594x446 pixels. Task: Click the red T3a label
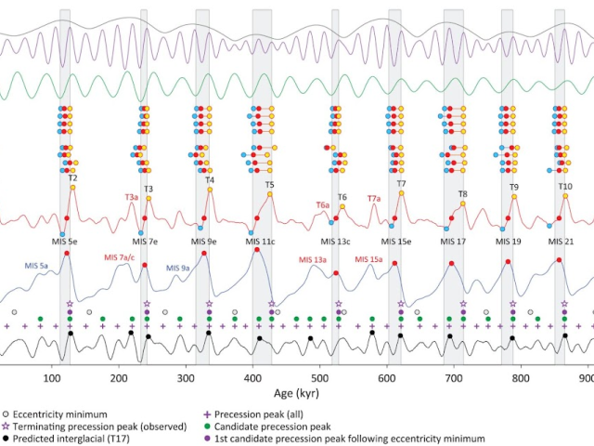pyautogui.click(x=131, y=197)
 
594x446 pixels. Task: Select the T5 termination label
pyautogui.click(x=269, y=185)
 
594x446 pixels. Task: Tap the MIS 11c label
pyautogui.click(x=260, y=242)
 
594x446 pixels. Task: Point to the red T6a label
pyautogui.click(x=322, y=203)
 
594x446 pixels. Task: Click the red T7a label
pyautogui.click(x=374, y=198)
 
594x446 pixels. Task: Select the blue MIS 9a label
pyautogui.click(x=178, y=268)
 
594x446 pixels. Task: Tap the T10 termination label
pyautogui.click(x=565, y=186)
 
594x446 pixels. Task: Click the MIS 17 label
pyautogui.click(x=455, y=242)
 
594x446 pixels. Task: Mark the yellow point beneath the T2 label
pyautogui.click(x=72, y=189)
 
